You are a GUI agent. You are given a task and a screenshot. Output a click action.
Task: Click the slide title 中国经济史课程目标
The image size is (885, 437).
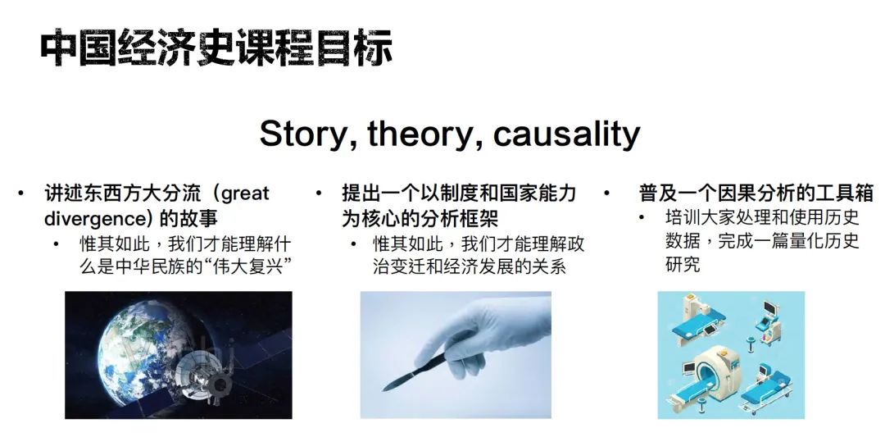(216, 48)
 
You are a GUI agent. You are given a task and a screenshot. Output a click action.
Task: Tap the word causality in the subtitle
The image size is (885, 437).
(567, 134)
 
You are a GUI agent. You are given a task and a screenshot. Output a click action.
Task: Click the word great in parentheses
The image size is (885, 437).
(245, 195)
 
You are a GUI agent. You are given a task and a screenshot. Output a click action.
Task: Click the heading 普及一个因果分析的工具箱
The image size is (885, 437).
(756, 193)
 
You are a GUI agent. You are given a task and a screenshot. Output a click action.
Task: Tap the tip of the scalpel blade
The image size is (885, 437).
(383, 390)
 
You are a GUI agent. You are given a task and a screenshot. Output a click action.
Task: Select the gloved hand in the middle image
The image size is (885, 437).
(485, 333)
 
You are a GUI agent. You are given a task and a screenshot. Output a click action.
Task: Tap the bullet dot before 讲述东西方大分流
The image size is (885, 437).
(20, 194)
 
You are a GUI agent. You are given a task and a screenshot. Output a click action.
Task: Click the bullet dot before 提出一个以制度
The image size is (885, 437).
(318, 194)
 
